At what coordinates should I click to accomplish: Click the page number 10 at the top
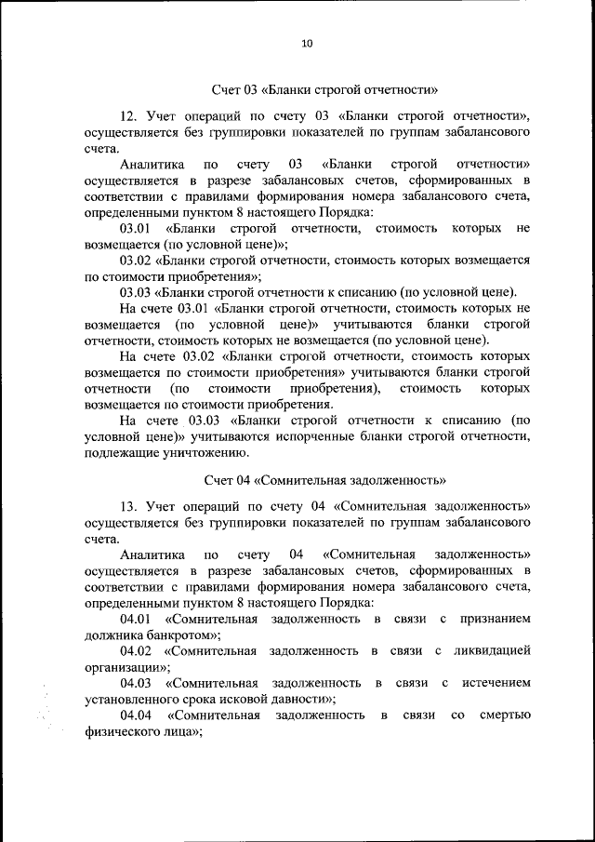click(308, 42)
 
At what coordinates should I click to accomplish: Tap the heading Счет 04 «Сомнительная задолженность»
click(324, 481)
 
